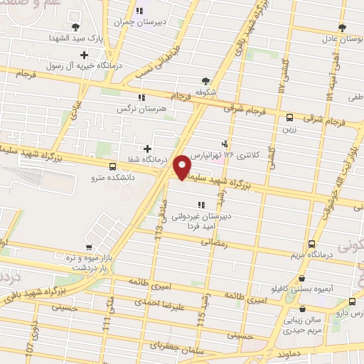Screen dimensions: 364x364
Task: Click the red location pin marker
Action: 183,167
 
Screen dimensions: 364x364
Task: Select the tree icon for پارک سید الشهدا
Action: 75,26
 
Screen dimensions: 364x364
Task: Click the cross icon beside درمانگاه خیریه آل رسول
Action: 85,55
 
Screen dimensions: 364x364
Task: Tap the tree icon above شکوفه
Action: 206,81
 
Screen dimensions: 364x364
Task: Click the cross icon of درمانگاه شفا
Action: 147,149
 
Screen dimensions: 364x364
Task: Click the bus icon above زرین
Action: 289,118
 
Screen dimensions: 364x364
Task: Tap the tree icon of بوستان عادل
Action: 343,27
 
